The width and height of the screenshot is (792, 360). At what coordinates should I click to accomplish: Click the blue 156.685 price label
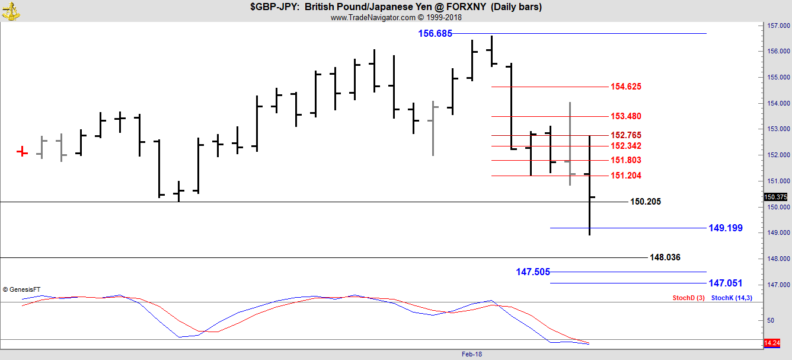point(435,34)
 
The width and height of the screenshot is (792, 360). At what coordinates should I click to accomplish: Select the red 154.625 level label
point(625,87)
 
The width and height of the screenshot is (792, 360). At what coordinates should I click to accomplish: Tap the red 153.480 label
point(625,116)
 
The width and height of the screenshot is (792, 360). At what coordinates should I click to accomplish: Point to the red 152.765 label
point(625,135)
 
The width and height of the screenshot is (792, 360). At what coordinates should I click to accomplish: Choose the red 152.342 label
point(625,146)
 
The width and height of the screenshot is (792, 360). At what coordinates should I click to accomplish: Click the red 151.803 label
point(625,160)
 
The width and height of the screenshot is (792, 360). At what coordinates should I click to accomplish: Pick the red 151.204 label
point(625,176)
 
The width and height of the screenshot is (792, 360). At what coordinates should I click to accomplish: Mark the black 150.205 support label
point(645,202)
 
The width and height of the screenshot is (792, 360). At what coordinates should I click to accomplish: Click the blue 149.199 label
point(725,228)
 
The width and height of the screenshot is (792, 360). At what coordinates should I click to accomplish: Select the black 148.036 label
point(665,257)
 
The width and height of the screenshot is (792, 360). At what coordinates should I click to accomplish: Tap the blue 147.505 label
point(532,272)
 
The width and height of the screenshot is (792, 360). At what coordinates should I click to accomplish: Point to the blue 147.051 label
point(725,283)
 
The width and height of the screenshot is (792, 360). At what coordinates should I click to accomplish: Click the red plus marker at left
point(22,152)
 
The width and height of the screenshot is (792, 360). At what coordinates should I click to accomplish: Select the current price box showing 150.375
point(775,197)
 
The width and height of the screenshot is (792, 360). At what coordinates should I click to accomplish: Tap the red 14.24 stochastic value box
point(771,343)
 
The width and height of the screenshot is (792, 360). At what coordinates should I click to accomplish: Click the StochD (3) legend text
point(688,298)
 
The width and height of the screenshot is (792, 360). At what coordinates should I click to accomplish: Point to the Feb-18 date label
point(472,354)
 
